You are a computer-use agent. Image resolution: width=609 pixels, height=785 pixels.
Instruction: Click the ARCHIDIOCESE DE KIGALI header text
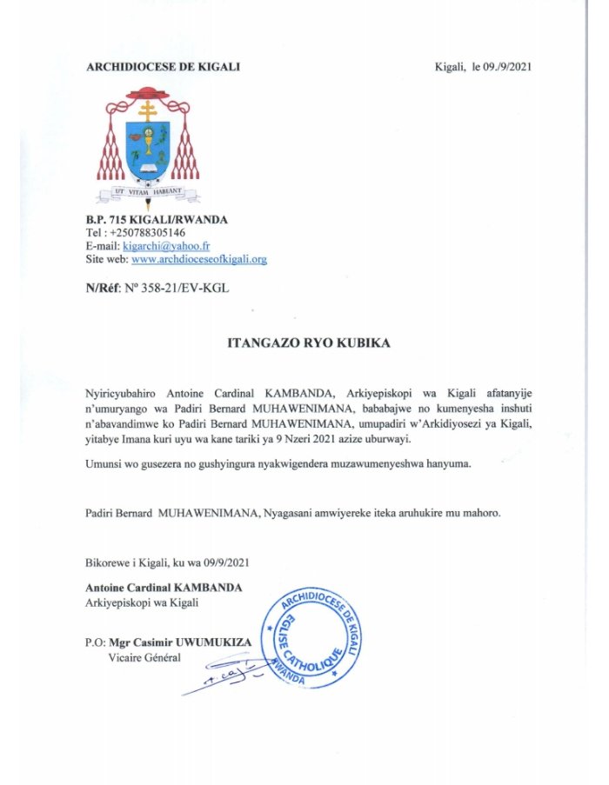point(163,67)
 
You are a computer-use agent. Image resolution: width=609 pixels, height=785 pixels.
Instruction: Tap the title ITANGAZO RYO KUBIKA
point(309,343)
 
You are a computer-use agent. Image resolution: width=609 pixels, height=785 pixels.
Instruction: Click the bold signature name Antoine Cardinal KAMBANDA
point(164,588)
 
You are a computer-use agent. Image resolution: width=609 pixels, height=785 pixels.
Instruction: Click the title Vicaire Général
point(144,656)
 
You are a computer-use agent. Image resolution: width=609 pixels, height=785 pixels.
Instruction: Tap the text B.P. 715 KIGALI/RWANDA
point(157,220)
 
